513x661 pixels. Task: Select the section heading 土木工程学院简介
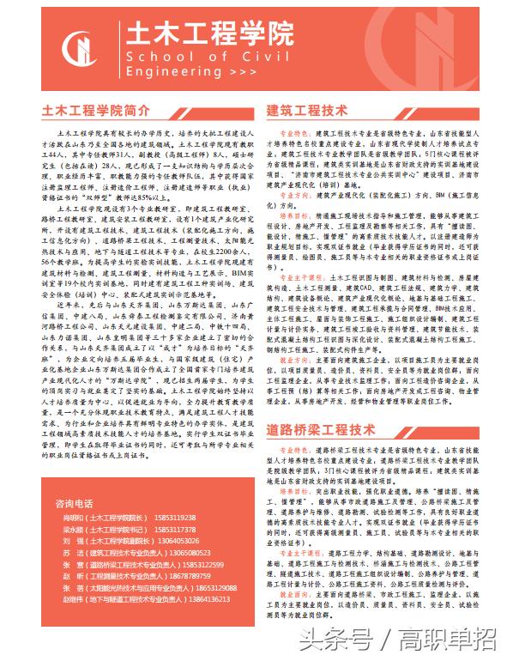[x=97, y=111]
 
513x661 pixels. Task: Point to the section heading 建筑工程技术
[x=307, y=111]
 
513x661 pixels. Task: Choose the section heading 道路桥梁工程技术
[x=321, y=428]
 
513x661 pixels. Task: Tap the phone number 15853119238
[x=174, y=518]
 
